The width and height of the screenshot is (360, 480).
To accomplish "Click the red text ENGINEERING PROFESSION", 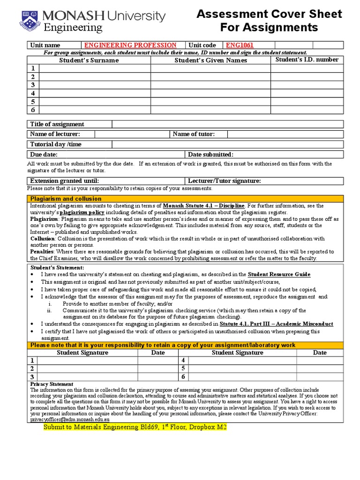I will point(130,45).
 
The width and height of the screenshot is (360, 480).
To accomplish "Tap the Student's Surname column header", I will point(89,60).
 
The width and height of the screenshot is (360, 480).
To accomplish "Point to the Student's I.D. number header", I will point(307,60).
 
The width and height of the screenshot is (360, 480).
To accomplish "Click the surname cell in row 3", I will point(94,85).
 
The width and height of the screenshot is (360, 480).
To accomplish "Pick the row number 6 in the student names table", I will point(33,110).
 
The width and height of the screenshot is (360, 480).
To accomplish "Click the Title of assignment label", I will point(57,124).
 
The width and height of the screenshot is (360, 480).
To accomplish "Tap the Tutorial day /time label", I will point(56,144).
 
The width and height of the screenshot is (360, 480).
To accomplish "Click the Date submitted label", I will point(210,155).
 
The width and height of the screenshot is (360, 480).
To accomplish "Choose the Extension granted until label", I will point(65,181).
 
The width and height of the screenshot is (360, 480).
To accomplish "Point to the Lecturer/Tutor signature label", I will point(225,181).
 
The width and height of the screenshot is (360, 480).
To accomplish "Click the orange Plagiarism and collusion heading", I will point(66,199).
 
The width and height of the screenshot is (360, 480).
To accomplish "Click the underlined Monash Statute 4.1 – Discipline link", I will point(203,206).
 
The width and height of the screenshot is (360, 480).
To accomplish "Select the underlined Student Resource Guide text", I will point(279,274).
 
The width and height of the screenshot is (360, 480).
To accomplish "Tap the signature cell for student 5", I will point(242,368).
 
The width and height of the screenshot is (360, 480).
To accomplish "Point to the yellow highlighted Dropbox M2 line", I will point(135,427).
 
